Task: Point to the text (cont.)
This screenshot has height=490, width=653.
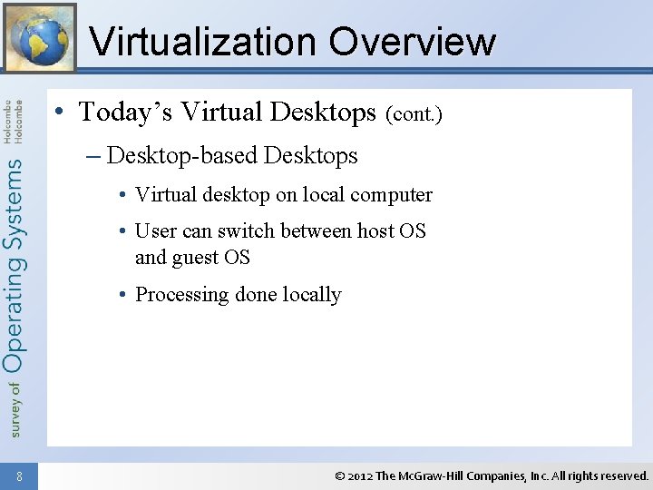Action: click(414, 115)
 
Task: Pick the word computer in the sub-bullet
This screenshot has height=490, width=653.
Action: click(391, 195)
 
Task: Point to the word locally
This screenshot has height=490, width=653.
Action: click(311, 295)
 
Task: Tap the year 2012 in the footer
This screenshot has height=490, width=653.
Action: click(360, 475)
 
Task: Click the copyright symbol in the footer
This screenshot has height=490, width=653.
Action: click(339, 475)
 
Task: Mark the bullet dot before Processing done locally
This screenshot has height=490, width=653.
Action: click(122, 295)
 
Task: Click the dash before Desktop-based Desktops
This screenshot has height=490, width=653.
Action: click(94, 156)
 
